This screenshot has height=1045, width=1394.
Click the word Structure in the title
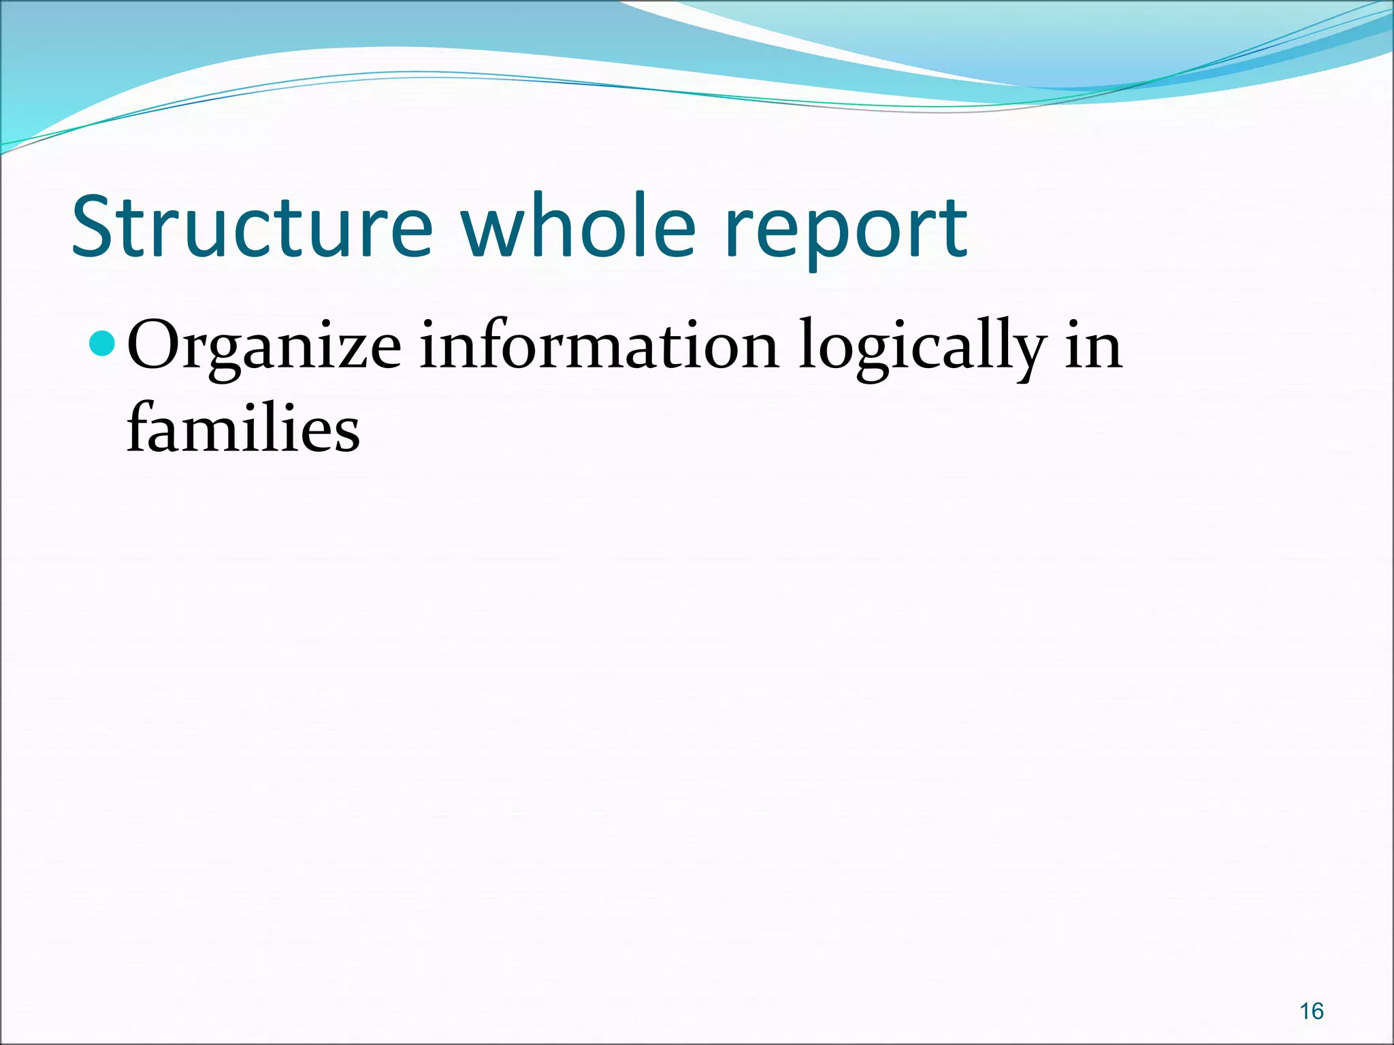252,228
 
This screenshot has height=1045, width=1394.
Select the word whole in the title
579,228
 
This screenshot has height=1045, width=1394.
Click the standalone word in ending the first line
1093,347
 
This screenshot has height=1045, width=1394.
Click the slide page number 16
1311,1012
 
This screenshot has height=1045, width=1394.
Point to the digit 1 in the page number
1304,1012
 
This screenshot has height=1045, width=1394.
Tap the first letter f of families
139,427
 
